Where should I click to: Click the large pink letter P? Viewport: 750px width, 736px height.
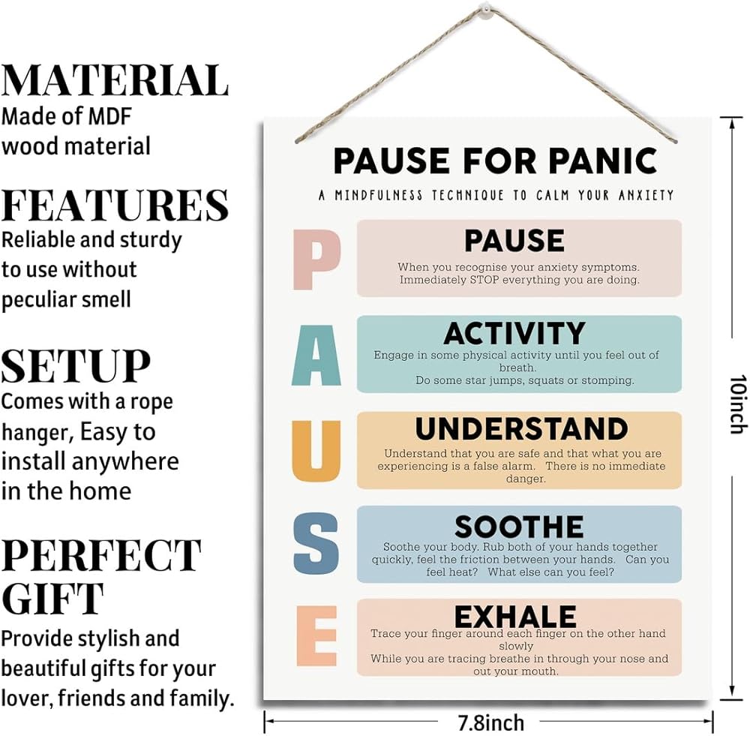pyautogui.click(x=316, y=259)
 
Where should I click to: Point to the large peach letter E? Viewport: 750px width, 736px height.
pyautogui.click(x=316, y=637)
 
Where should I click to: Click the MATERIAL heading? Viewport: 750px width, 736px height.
pyautogui.click(x=115, y=81)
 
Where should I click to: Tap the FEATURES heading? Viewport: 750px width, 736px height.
pyautogui.click(x=115, y=205)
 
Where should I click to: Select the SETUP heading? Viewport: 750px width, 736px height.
pyautogui.click(x=76, y=365)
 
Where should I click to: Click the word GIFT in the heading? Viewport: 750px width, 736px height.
pyautogui.click(x=52, y=599)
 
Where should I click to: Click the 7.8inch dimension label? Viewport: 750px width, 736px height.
pyautogui.click(x=490, y=722)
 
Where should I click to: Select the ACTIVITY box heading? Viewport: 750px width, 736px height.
pyautogui.click(x=514, y=333)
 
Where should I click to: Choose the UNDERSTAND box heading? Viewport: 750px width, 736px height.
pyautogui.click(x=521, y=428)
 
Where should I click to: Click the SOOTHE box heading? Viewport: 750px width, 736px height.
pyautogui.click(x=518, y=526)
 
